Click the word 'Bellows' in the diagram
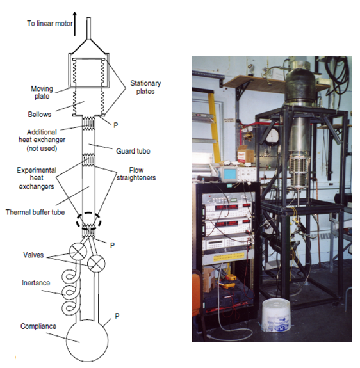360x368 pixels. (x=40, y=115)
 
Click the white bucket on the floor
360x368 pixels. (x=275, y=315)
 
